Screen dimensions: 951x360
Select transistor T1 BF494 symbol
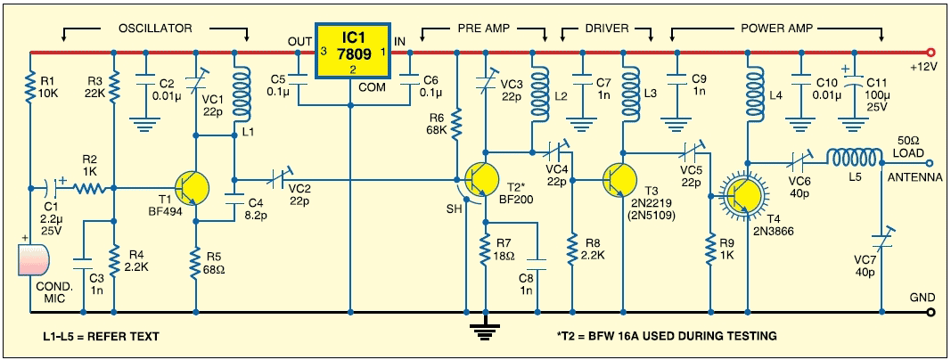coord(193,188)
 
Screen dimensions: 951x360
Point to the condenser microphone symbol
coord(35,265)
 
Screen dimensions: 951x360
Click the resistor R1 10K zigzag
coord(29,90)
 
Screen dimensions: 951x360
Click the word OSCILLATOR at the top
coord(155,28)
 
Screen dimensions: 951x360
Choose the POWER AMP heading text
coord(777,28)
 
